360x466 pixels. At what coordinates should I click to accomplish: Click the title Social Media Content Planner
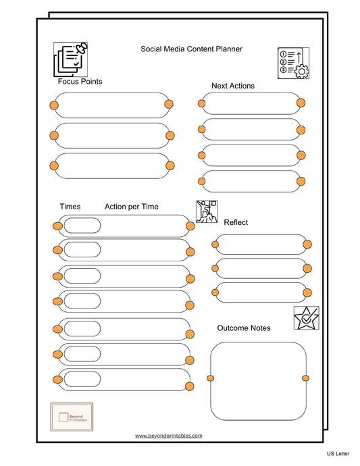coord(191,49)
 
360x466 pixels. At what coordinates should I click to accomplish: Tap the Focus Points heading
coord(80,82)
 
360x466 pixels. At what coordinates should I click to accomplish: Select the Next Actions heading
coord(233,86)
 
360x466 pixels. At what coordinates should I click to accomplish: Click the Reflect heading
coord(236,222)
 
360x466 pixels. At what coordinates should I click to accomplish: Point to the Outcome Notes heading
coord(244,328)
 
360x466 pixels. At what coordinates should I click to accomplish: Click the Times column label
coord(70,207)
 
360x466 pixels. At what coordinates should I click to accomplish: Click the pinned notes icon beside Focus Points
coord(71,59)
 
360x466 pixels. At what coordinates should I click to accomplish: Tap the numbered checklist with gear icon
coord(294,63)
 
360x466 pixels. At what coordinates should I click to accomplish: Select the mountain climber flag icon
coord(207,211)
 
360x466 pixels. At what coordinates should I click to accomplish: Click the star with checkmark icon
coord(307,317)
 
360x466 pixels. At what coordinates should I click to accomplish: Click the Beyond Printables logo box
coord(72,416)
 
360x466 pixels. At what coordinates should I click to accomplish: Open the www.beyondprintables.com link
coord(168,436)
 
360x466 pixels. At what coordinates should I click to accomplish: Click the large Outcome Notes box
coord(257,381)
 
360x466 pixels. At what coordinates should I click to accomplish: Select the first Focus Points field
coord(111,105)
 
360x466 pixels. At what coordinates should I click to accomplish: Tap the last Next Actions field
coord(250,181)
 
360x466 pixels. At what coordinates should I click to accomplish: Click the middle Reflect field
coord(260,269)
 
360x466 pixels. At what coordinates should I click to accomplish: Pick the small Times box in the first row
coord(82,226)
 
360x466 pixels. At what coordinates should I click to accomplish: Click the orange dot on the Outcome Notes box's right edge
coord(305,377)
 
